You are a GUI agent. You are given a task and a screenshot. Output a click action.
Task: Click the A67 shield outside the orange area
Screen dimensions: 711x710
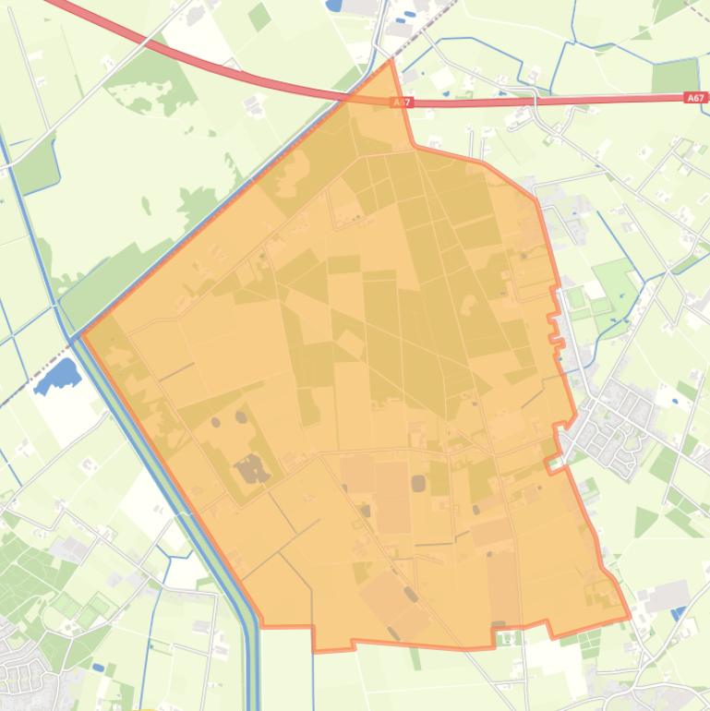click(696, 97)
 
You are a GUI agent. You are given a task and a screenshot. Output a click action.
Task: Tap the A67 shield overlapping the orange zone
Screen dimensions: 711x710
click(399, 103)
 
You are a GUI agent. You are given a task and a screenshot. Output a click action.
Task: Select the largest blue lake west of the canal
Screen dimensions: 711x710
click(57, 377)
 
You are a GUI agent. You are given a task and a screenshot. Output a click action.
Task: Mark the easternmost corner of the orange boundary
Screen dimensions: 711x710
click(631, 616)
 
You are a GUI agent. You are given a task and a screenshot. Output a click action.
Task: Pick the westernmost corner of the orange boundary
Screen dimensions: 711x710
click(82, 334)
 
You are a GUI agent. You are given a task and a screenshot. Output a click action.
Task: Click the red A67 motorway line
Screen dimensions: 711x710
click(231, 69)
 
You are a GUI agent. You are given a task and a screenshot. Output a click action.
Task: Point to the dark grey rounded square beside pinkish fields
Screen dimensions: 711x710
click(418, 483)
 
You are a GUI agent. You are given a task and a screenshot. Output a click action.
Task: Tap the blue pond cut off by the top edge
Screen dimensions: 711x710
click(334, 5)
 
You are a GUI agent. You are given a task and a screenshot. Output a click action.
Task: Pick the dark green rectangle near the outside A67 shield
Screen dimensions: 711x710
click(674, 75)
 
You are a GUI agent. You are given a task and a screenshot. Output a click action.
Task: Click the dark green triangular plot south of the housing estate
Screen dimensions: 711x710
click(645, 523)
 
